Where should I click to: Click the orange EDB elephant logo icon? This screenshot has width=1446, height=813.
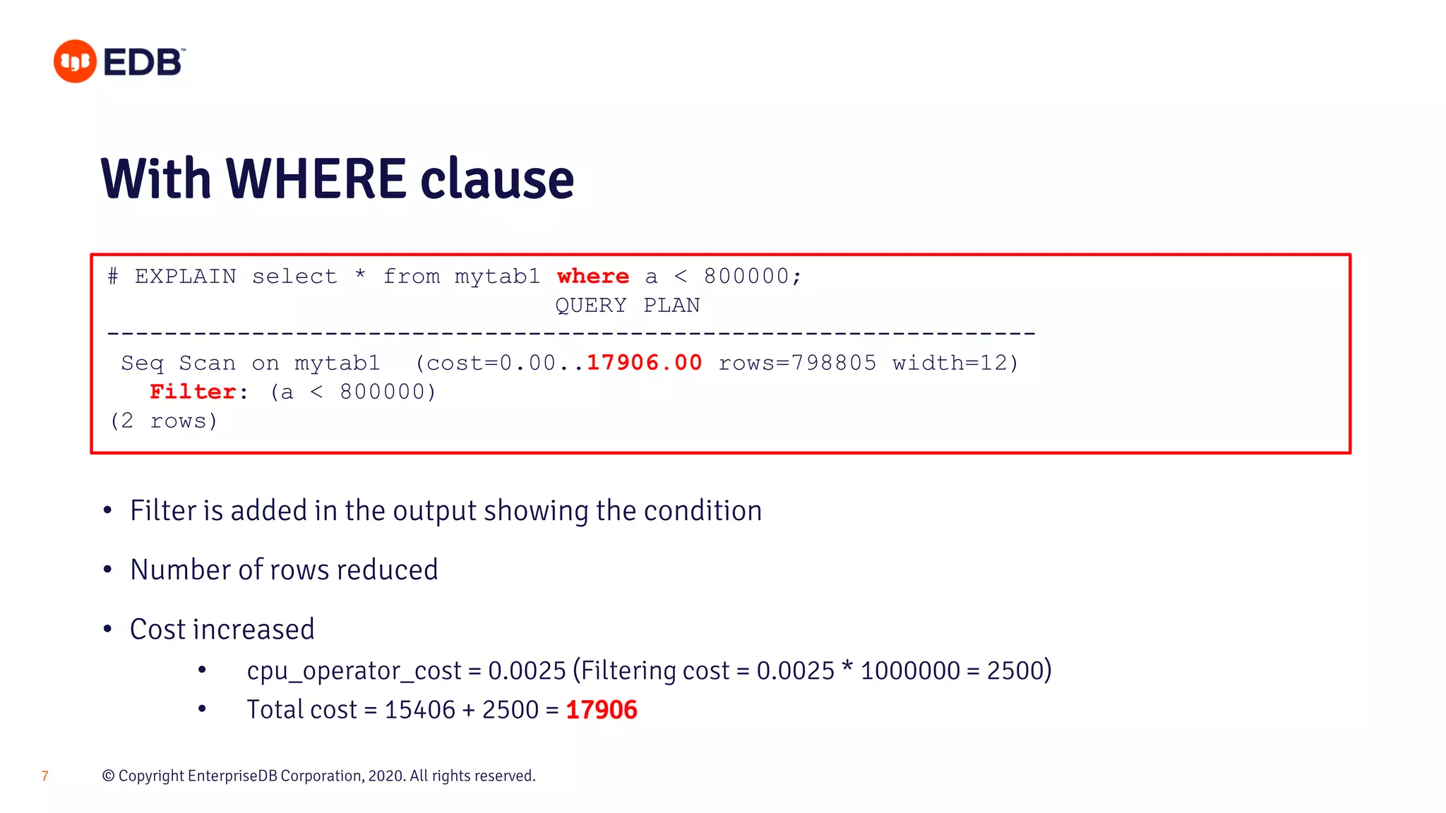[75, 61]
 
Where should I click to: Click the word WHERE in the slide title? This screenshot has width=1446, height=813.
[316, 179]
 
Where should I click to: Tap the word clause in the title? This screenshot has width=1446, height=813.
[497, 179]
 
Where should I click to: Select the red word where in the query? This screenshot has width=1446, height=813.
[592, 276]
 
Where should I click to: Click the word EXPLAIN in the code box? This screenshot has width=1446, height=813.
[186, 276]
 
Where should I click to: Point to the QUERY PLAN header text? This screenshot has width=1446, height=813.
[627, 306]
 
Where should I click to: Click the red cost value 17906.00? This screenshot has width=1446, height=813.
[644, 363]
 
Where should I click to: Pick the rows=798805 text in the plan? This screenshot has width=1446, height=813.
[797, 363]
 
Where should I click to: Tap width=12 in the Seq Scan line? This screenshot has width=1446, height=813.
[952, 363]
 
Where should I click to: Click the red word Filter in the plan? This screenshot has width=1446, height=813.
[193, 392]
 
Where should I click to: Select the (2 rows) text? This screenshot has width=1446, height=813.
[164, 421]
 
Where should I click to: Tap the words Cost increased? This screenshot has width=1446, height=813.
[222, 630]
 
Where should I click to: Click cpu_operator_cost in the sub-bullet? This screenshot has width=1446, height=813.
[353, 670]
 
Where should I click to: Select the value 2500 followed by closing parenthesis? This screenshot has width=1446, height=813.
[1018, 670]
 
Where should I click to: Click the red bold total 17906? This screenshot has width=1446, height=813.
[602, 710]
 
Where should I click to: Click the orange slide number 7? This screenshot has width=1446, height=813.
[45, 776]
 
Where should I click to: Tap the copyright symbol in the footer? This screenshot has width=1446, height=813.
[108, 776]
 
